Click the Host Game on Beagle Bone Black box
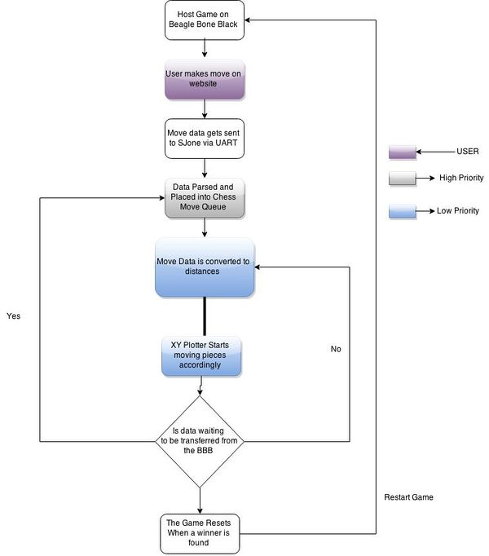click(205, 20)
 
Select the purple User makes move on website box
click(205, 79)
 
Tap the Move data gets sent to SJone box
click(205, 139)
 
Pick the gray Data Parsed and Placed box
click(205, 198)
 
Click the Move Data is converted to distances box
click(205, 267)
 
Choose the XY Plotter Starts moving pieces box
click(201, 355)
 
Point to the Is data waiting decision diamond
click(200, 442)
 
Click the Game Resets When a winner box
click(200, 533)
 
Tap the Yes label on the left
click(14, 316)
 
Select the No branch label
click(336, 349)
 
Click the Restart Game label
click(408, 497)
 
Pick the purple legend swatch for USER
click(402, 152)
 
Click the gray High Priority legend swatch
click(402, 178)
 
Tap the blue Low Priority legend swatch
click(402, 211)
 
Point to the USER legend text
click(467, 152)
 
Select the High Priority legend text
click(461, 178)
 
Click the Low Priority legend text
click(458, 210)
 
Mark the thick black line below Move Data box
click(205, 316)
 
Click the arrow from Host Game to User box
click(205, 49)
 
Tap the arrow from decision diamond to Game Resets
click(200, 501)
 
